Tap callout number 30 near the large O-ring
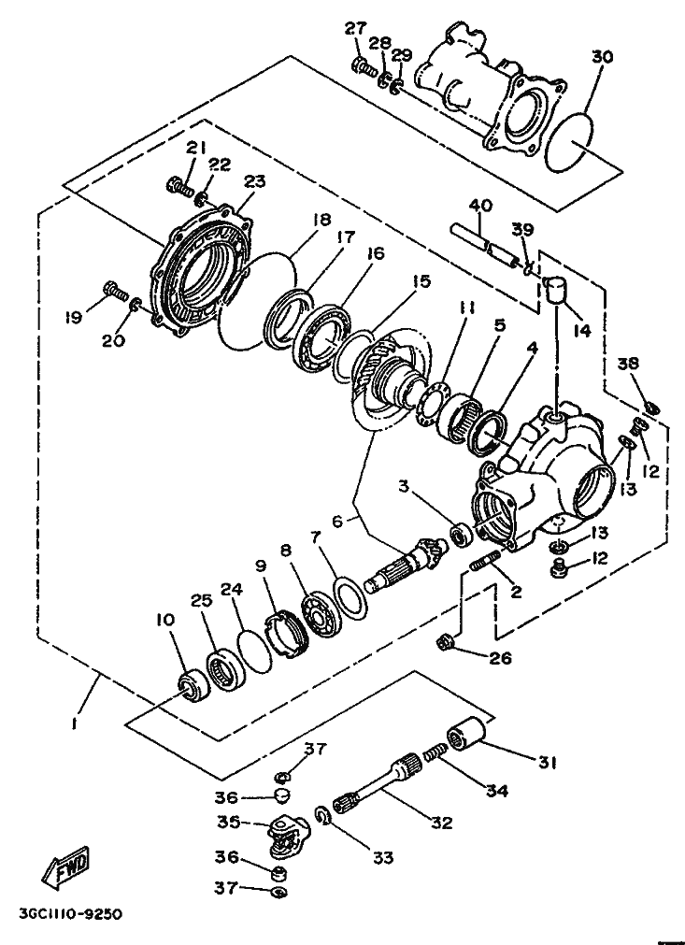coord(601,57)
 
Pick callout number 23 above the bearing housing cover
coord(254,181)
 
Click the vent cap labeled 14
coord(557,289)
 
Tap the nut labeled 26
coord(448,643)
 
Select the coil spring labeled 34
coord(435,752)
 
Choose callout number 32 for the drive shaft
coord(442,822)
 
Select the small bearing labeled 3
coord(464,534)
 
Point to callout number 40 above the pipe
coord(480,206)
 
